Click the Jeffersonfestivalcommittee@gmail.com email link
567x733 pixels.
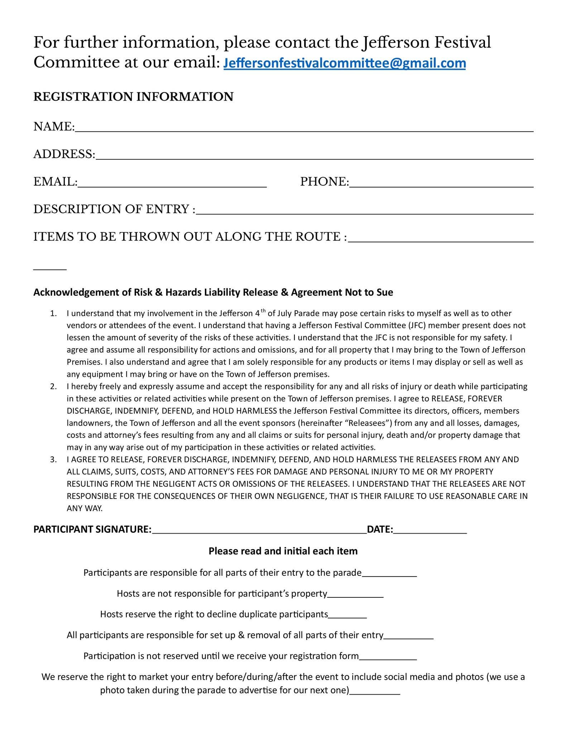344,63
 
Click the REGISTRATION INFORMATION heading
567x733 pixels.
133,97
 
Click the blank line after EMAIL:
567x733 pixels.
172,185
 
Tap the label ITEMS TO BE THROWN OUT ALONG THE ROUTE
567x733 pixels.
190,237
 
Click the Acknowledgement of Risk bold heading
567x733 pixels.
213,292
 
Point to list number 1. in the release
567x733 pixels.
54,314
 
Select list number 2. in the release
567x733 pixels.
54,387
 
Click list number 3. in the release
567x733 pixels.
54,460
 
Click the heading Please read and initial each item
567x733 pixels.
283,551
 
